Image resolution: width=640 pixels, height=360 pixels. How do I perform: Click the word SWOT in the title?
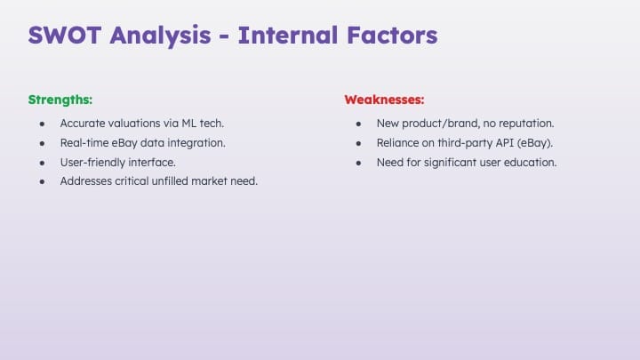point(65,35)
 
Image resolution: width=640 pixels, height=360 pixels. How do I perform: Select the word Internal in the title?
point(288,35)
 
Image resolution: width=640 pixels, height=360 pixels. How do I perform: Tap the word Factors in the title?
point(392,35)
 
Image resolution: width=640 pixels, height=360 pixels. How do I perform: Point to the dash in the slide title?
point(224,36)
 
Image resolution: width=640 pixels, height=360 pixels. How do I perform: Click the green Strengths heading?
point(60,100)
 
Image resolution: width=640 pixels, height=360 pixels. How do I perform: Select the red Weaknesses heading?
point(384,100)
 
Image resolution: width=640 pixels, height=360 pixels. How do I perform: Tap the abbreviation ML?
point(189,124)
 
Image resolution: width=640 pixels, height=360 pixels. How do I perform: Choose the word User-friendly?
point(92,163)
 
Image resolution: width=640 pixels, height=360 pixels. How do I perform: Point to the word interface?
point(152,163)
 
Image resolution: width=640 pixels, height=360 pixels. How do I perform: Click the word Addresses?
point(85,180)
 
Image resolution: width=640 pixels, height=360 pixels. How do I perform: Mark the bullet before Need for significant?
point(358,163)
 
